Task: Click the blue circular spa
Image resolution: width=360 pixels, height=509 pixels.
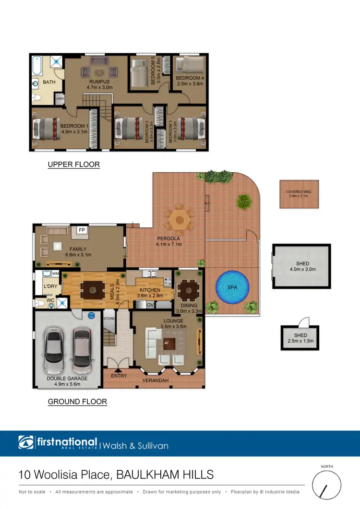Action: coord(233,288)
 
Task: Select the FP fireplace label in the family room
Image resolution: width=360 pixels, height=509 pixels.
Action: coord(82,230)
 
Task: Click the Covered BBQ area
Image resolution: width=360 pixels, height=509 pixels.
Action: coord(299,194)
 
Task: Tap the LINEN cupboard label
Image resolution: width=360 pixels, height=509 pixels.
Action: coord(60,99)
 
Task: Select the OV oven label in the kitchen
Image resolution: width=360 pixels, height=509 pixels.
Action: coord(149,305)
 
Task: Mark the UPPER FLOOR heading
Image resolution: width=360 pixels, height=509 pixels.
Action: coord(74,165)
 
